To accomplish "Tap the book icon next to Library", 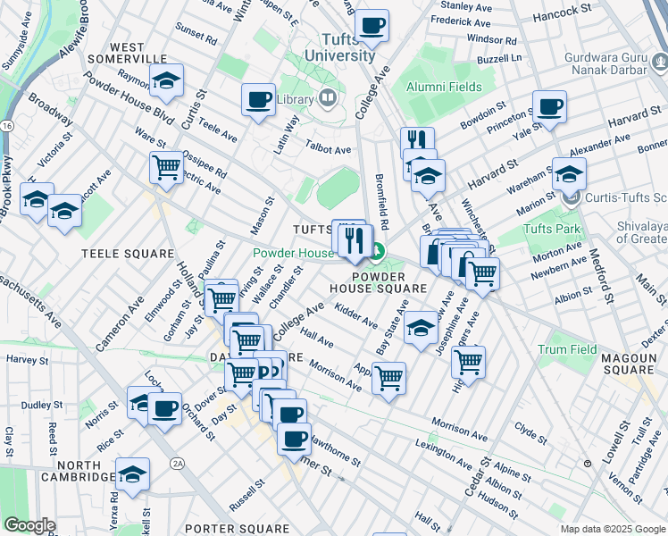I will (327, 98).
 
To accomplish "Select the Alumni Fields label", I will (444, 87).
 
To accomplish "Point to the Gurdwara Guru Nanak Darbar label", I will (616, 64).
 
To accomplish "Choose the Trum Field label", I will (567, 349).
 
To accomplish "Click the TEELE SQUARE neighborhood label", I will (128, 254).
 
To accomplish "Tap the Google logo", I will (29, 525).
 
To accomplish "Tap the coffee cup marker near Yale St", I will (550, 109).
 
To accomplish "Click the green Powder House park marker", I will (378, 253).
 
